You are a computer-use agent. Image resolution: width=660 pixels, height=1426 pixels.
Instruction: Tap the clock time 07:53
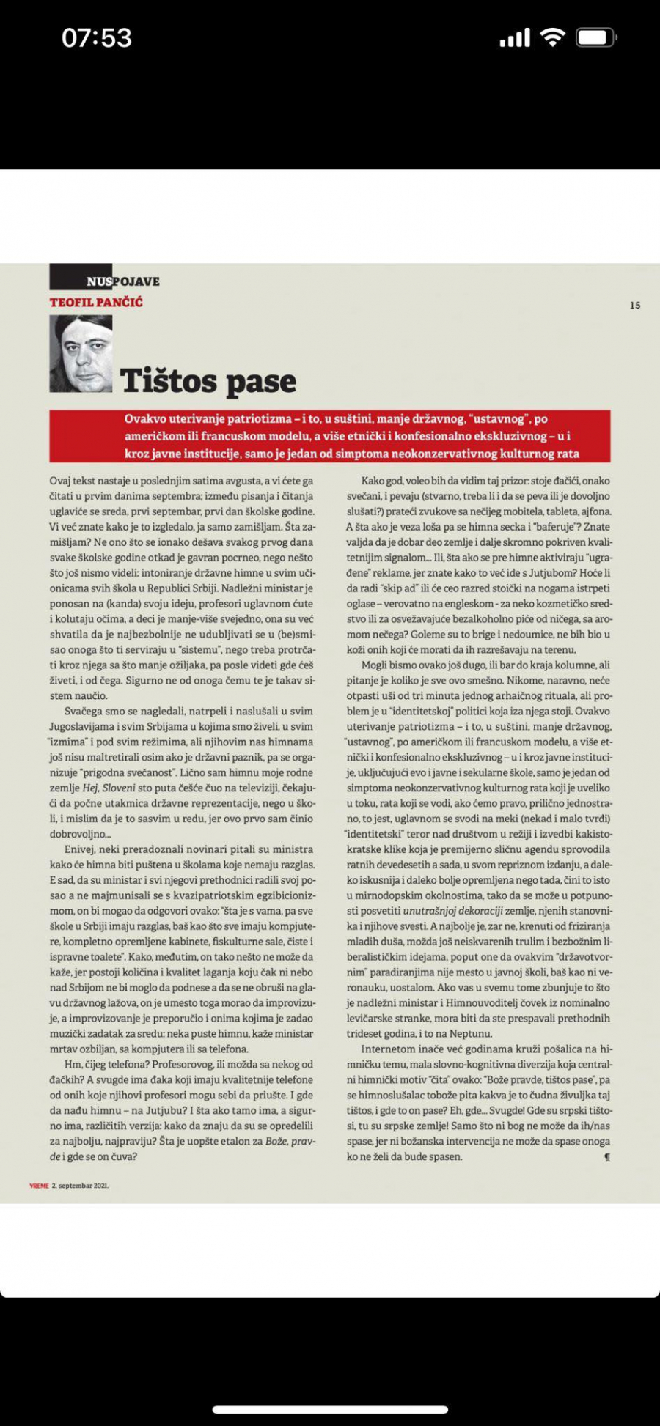click(97, 38)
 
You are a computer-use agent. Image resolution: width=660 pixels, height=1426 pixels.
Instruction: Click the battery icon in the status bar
click(595, 38)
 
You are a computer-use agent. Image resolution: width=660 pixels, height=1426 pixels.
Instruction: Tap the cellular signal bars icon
click(515, 38)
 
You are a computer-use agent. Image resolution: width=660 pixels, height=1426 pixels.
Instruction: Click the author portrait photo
click(81, 354)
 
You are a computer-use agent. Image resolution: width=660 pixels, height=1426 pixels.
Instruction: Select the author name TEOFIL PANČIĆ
click(96, 302)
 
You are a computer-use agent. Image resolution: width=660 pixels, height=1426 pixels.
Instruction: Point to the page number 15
click(635, 305)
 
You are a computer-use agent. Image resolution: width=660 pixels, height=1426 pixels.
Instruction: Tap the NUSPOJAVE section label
click(122, 281)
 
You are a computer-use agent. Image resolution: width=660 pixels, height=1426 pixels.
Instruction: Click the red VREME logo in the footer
click(39, 1186)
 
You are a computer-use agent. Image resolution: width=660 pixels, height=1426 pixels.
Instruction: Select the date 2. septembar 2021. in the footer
click(81, 1186)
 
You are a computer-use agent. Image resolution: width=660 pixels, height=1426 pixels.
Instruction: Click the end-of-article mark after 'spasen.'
click(606, 1157)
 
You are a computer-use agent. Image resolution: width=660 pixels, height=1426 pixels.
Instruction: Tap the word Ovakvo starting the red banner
click(145, 419)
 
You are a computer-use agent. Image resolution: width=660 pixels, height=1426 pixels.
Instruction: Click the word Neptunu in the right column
click(470, 1034)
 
